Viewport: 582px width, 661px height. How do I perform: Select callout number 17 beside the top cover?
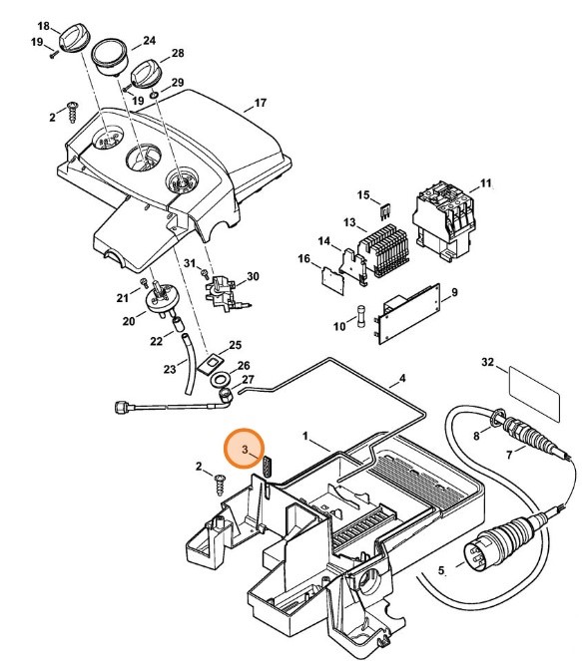point(261,103)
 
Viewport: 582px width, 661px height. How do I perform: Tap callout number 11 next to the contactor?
point(486,184)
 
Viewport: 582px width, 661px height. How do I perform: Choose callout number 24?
point(149,41)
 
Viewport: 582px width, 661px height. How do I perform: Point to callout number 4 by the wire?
point(402,379)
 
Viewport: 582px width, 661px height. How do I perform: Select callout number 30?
point(253,276)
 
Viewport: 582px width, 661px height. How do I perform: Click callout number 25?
point(235,345)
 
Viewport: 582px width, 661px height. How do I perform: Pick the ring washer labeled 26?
point(219,380)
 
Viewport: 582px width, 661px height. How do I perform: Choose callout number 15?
point(363,194)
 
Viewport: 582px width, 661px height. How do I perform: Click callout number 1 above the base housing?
point(308,437)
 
